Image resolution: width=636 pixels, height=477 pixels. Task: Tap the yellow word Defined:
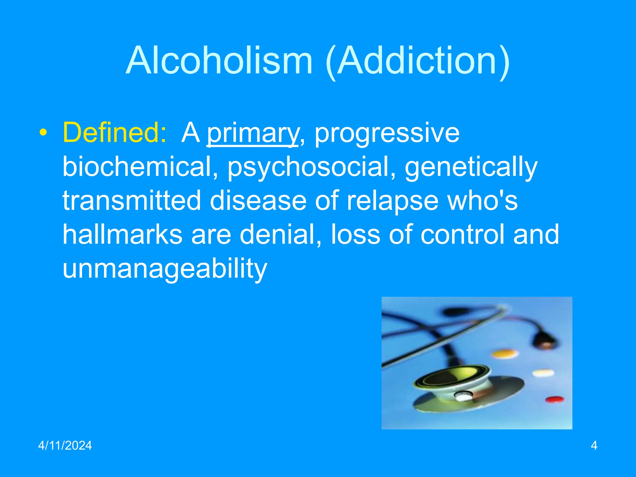pyautogui.click(x=115, y=133)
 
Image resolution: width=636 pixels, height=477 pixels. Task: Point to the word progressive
pyautogui.click(x=387, y=133)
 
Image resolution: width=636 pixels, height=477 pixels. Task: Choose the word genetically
pyautogui.click(x=471, y=166)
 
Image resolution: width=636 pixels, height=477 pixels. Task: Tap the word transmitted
pyautogui.click(x=132, y=200)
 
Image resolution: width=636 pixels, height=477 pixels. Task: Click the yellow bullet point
pyautogui.click(x=43, y=133)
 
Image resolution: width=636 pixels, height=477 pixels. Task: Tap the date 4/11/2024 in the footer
pyautogui.click(x=65, y=445)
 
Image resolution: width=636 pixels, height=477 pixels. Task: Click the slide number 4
pyautogui.click(x=594, y=445)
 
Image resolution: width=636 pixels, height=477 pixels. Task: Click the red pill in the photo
pyautogui.click(x=555, y=399)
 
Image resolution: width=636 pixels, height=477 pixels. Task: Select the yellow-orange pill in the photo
pyautogui.click(x=505, y=353)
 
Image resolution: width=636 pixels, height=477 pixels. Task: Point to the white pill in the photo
pyautogui.click(x=543, y=373)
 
